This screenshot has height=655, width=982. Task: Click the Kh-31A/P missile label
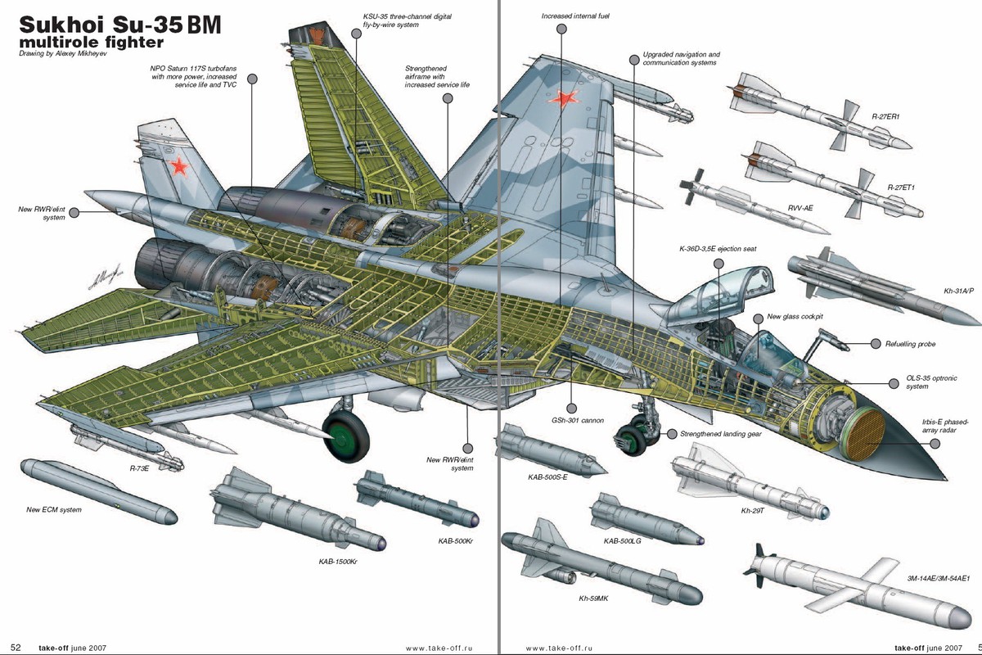[x=958, y=291]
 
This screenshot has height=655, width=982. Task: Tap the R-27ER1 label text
[x=885, y=117]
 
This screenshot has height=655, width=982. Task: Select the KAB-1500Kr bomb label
[x=338, y=562]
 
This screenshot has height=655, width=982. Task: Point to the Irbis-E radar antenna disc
[x=863, y=433]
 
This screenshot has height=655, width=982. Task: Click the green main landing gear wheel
[x=345, y=436]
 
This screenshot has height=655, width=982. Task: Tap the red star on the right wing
[x=563, y=99]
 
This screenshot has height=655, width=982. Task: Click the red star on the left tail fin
[x=179, y=167]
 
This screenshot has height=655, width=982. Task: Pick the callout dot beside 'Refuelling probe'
[x=875, y=344]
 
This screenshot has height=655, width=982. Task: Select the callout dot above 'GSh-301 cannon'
[x=571, y=408]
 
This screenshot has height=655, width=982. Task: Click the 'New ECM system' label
[x=54, y=510]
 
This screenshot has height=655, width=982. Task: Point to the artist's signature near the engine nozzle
[x=105, y=278]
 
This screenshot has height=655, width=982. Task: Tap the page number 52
[x=16, y=648]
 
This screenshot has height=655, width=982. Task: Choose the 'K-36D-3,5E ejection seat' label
[x=718, y=249]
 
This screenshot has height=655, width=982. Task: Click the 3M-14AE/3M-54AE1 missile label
[x=938, y=578]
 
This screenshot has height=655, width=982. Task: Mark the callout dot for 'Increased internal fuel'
[x=561, y=29]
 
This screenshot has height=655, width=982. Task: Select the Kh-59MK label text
[x=593, y=599]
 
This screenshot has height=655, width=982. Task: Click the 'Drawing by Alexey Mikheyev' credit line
[x=63, y=53]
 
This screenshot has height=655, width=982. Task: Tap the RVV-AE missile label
[x=800, y=208]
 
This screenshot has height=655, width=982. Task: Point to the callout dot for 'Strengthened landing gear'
[x=672, y=434]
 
